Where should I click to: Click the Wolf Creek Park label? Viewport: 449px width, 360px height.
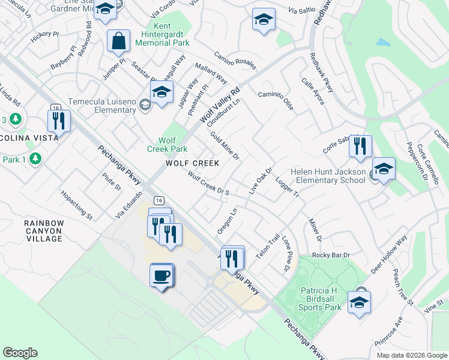(167, 144)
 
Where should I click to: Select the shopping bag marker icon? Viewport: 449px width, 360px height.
(119, 41)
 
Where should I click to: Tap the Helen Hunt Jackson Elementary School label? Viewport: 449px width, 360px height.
(328, 176)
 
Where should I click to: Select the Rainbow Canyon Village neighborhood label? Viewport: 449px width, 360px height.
(44, 230)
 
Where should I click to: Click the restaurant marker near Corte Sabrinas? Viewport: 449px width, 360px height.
(360, 146)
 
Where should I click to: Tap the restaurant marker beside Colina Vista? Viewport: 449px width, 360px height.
(59, 121)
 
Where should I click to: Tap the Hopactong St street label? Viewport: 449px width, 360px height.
(77, 205)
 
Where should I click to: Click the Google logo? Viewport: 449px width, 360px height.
(20, 353)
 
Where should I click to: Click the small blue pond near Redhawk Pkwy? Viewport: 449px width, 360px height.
(382, 43)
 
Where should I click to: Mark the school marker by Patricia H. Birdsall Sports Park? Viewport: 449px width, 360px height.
(359, 302)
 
